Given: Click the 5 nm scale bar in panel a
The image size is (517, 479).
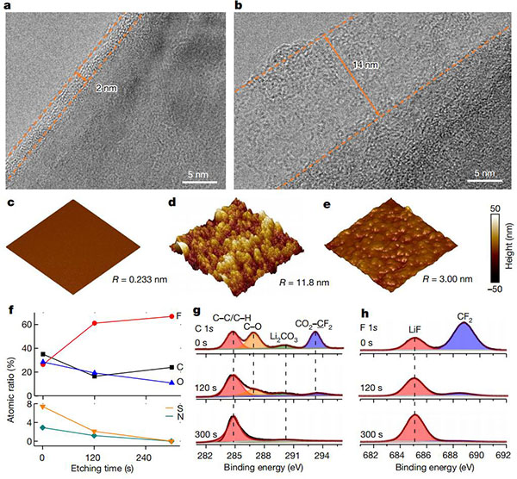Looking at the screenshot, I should pos(199,171).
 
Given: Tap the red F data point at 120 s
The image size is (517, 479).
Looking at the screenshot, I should pos(95,323).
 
